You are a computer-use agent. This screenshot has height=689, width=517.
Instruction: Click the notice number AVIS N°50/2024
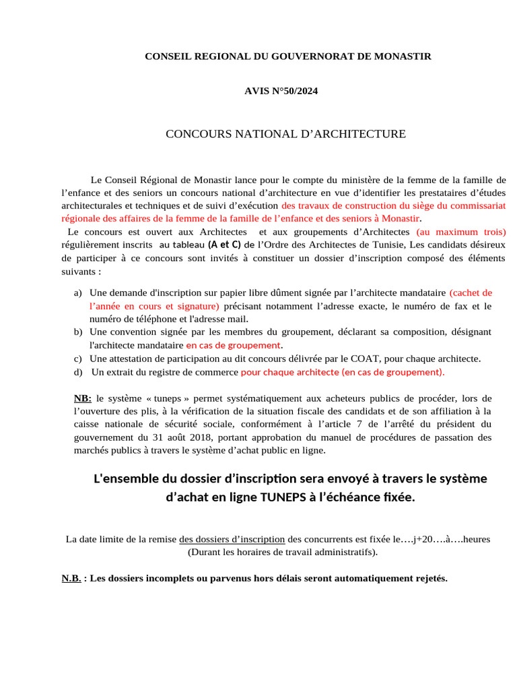281,91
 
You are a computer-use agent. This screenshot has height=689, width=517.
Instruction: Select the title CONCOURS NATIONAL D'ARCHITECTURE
285,134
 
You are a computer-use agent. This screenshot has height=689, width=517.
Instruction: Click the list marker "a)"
78,293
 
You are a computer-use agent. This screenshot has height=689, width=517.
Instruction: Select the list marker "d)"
78,371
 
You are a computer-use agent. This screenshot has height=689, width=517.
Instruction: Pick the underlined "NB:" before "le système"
83,398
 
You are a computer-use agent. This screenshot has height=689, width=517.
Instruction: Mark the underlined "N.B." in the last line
71,578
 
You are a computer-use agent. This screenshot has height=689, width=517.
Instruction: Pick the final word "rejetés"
429,578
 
